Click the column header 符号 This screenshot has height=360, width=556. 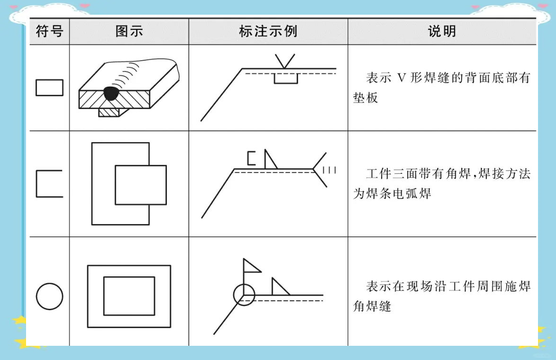[x=49, y=32]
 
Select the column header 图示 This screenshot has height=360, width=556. [x=129, y=32]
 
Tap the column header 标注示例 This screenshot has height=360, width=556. [x=268, y=32]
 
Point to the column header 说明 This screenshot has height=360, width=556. [x=441, y=32]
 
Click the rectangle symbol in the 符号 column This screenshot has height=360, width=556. [x=49, y=88]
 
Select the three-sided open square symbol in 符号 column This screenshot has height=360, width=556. [x=49, y=183]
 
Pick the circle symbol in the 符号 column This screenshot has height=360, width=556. [x=49, y=297]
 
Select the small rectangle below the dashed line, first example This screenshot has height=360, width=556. [x=286, y=79]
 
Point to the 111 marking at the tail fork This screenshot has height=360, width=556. [x=329, y=170]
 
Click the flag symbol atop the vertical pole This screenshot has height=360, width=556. [x=251, y=266]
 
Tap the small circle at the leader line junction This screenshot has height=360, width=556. [x=244, y=295]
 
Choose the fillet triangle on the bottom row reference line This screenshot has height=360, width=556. [x=279, y=288]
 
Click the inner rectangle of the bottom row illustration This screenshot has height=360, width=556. [x=129, y=296]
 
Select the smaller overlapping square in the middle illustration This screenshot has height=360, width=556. [x=141, y=185]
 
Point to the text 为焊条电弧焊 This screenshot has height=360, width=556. [x=392, y=193]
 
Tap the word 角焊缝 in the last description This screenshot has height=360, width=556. [x=372, y=306]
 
